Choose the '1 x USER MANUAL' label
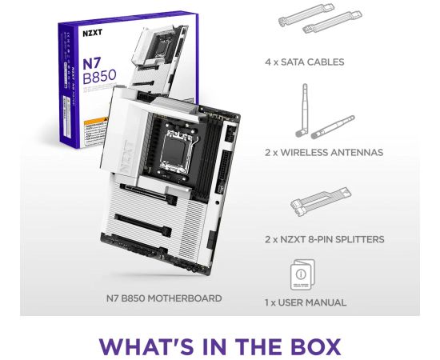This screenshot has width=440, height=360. [305, 302]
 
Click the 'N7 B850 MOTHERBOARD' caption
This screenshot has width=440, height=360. [164, 298]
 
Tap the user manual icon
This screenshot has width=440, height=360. [302, 274]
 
